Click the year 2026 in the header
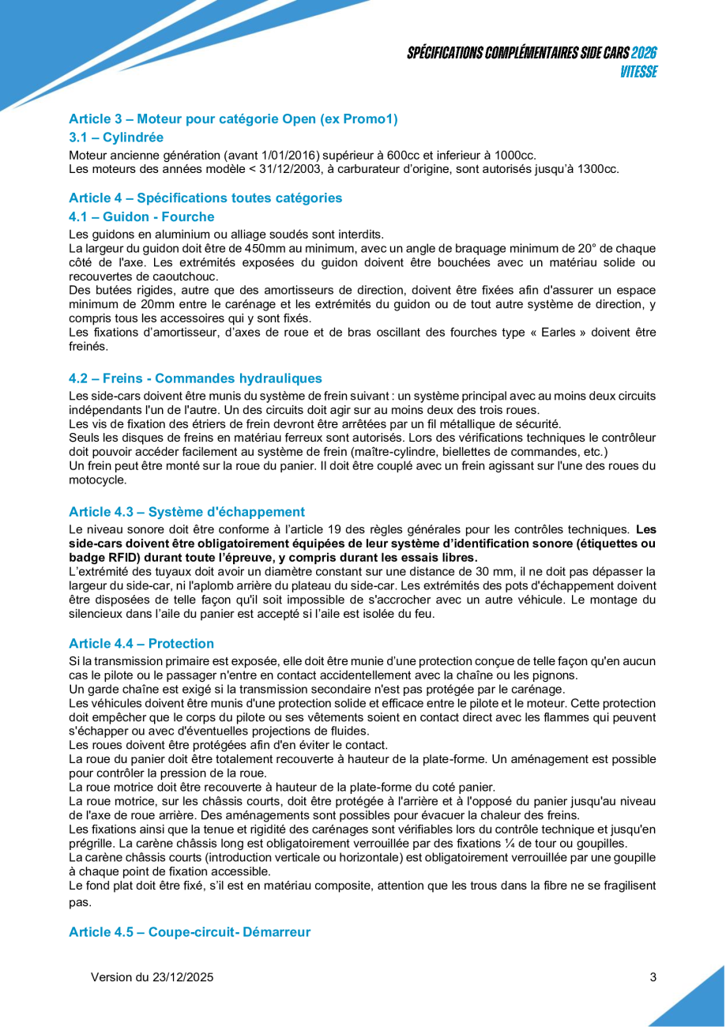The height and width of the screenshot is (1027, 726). (x=645, y=54)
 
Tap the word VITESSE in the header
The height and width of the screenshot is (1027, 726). (x=638, y=72)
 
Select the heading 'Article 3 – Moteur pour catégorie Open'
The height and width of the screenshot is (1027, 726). (x=233, y=119)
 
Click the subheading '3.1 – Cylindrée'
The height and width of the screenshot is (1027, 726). (x=116, y=137)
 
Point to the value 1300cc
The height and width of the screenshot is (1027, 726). (x=599, y=168)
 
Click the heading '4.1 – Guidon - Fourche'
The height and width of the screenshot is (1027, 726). (x=141, y=217)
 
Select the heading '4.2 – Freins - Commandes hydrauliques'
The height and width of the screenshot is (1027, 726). (x=195, y=378)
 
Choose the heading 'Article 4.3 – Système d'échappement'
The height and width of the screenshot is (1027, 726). (x=186, y=512)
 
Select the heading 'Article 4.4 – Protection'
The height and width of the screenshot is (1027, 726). (x=141, y=644)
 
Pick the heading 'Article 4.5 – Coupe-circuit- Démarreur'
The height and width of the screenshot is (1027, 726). (x=190, y=932)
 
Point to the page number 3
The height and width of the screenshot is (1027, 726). (x=653, y=977)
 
